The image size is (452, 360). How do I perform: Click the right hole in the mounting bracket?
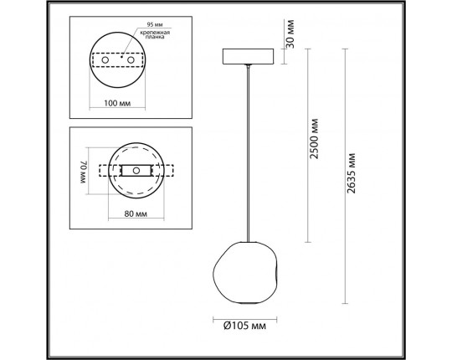pyautogui.click(x=131, y=60)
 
